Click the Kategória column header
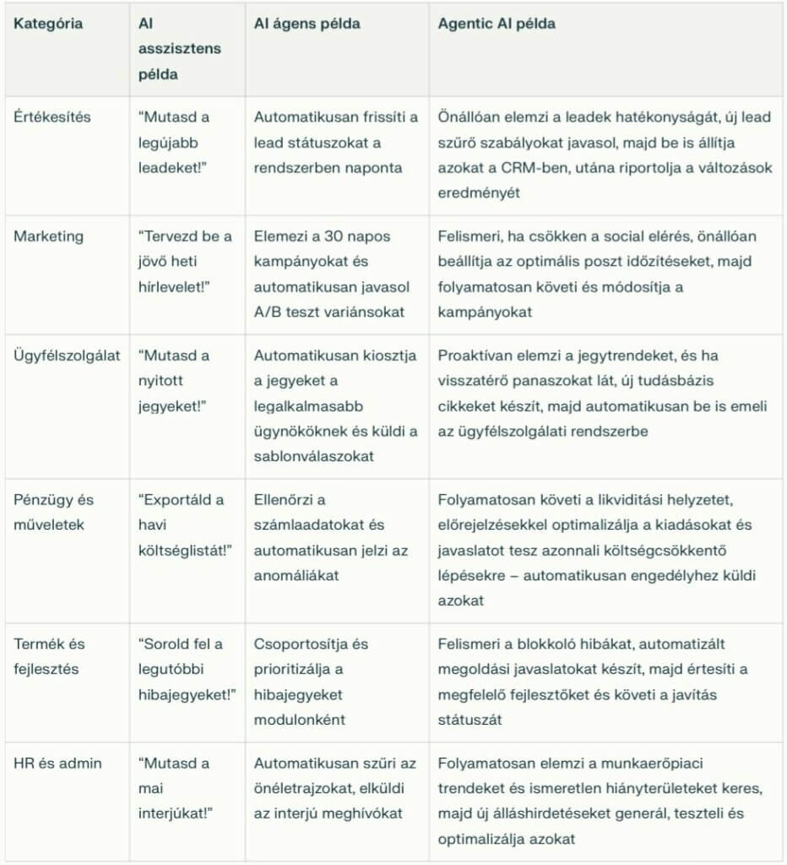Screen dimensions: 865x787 (48, 24)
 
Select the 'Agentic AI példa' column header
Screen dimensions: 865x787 (497, 24)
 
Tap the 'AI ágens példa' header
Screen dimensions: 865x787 (307, 24)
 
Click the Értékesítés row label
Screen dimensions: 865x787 (52, 117)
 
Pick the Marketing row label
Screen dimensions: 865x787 (49, 237)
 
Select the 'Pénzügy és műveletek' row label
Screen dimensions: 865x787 (53, 512)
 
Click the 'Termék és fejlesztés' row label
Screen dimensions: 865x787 (49, 656)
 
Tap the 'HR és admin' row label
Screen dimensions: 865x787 (57, 764)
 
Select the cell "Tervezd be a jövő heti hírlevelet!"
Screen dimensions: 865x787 (185, 262)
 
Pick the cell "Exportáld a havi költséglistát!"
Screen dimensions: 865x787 (185, 525)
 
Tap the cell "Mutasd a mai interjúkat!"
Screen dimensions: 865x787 (176, 788)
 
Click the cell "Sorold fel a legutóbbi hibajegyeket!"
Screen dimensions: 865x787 (187, 669)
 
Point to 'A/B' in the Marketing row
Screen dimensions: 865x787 (269, 312)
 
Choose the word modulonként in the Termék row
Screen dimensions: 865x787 (300, 720)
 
